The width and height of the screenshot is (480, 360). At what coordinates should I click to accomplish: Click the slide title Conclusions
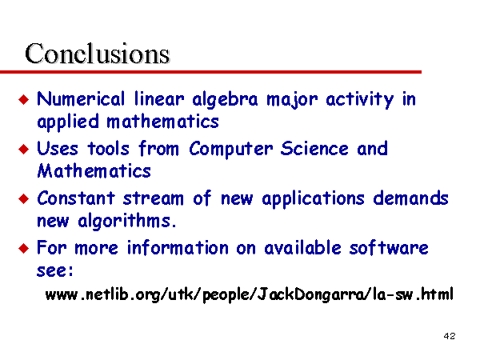point(98,54)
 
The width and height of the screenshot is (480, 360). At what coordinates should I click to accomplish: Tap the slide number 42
point(450,336)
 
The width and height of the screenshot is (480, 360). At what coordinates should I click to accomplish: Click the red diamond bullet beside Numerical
point(23,99)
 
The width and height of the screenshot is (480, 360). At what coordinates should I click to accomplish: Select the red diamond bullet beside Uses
point(23,150)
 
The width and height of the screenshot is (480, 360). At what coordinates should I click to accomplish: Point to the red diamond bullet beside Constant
point(23,199)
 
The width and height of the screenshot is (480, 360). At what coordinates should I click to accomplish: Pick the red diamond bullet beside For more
point(23,248)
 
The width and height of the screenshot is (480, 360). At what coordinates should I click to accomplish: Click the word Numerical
point(81,99)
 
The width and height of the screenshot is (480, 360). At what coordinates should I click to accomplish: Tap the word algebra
point(225,100)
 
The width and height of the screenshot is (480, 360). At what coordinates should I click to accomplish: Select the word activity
point(360,100)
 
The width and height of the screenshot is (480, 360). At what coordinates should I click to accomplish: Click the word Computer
point(231,150)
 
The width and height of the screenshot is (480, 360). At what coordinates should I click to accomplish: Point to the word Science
point(314,149)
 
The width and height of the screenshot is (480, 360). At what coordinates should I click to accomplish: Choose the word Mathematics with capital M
point(94,171)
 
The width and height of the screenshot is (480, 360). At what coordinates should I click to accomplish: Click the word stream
point(153,198)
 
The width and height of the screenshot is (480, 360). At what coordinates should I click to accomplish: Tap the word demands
point(410,198)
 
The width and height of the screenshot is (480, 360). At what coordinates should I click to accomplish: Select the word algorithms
point(127,221)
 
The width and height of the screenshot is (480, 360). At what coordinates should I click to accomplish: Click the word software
point(389,247)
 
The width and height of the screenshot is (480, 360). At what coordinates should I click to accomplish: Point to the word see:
point(55,270)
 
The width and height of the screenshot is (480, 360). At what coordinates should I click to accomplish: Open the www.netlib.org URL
point(249,294)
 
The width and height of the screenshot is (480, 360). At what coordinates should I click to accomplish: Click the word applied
point(68,122)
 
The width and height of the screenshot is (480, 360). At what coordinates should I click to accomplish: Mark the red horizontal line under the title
point(210,72)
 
